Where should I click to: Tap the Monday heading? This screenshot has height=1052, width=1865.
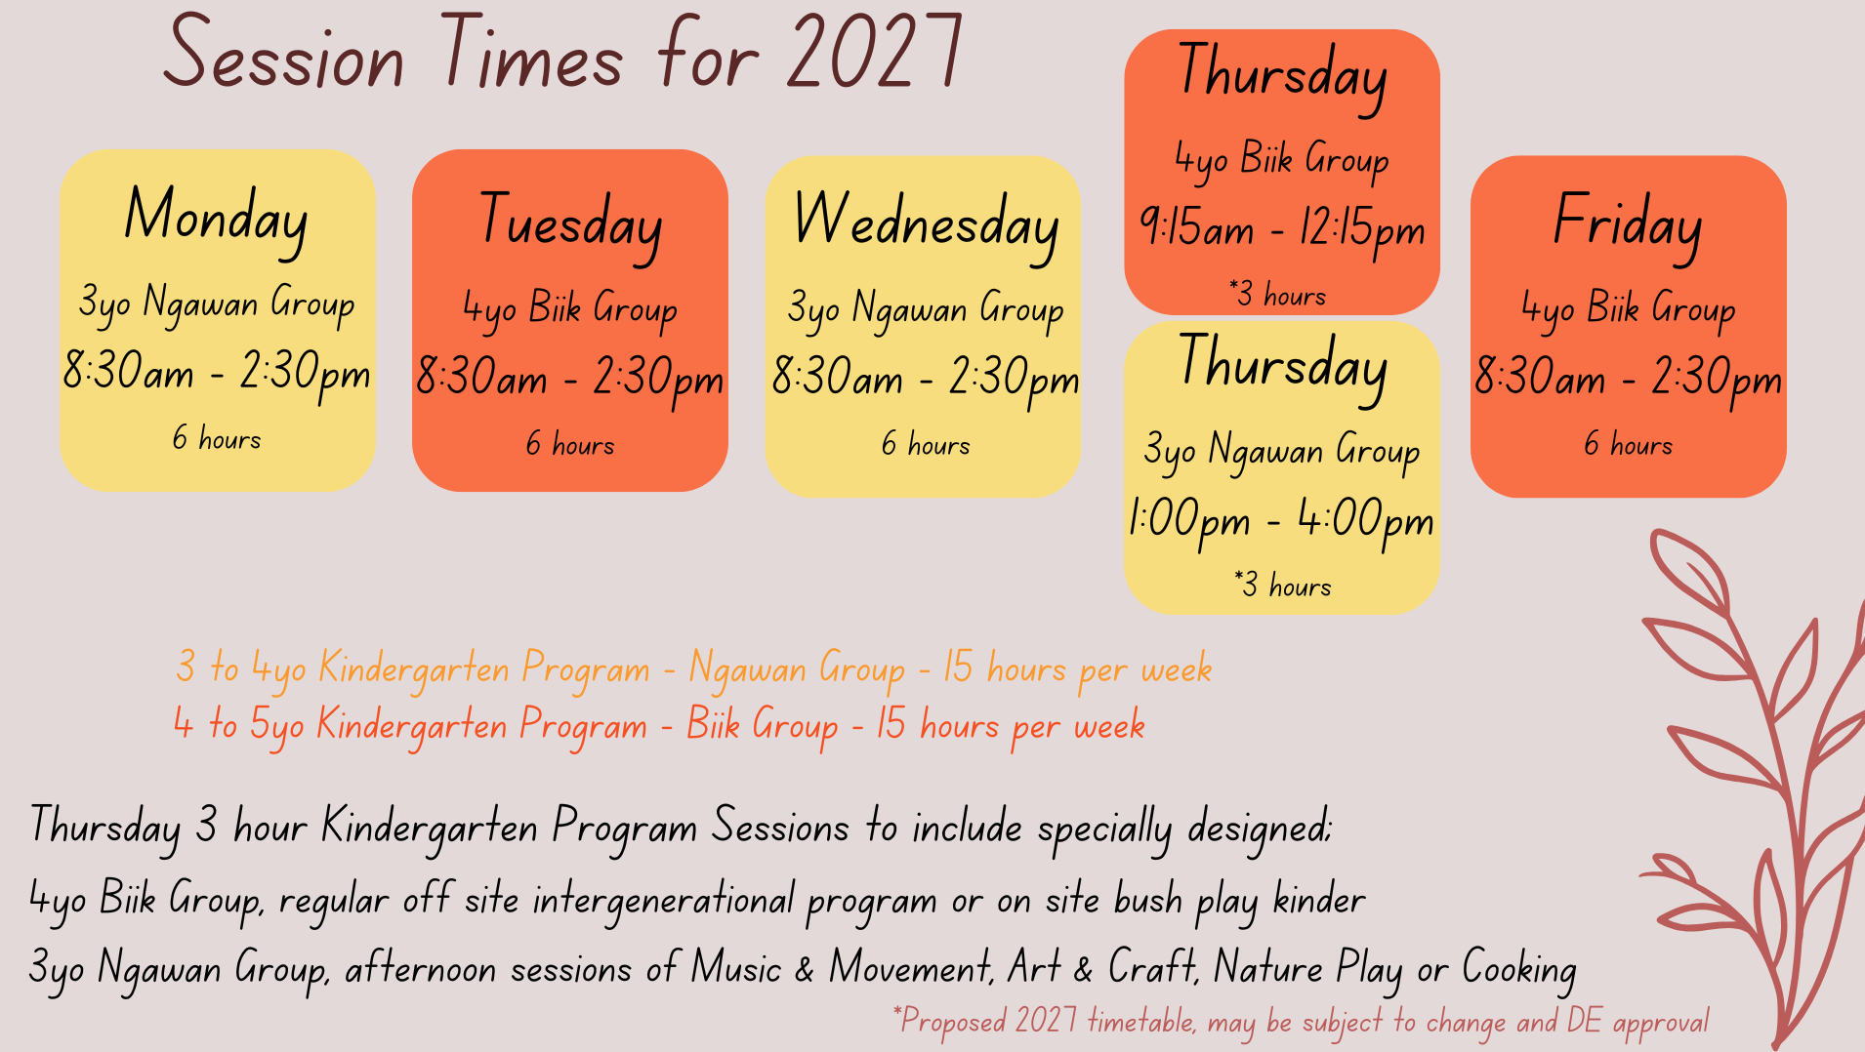(x=217, y=220)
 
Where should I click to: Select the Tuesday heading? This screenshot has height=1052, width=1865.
(x=570, y=225)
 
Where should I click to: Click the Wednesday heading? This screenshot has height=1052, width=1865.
(x=926, y=225)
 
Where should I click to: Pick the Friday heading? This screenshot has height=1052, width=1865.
(x=1628, y=225)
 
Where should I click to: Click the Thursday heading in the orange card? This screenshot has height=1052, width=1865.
(x=1282, y=77)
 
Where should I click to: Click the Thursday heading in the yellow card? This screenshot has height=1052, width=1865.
(x=1282, y=367)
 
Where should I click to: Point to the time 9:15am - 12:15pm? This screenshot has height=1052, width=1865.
(x=1282, y=230)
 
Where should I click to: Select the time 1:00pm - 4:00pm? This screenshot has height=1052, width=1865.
(x=1281, y=520)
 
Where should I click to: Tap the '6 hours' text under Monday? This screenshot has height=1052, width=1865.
(x=217, y=438)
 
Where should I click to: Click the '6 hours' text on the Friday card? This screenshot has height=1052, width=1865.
(x=1628, y=444)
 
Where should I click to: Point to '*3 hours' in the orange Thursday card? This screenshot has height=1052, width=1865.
(x=1277, y=294)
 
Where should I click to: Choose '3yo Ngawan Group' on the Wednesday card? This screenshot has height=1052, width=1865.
(x=926, y=310)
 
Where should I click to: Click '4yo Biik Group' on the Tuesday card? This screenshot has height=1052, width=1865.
(x=570, y=310)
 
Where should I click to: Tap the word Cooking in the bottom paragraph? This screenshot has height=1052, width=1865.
(x=1519, y=969)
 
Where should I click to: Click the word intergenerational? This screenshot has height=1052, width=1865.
(x=664, y=900)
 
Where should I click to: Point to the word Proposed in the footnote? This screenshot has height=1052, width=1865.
(x=953, y=1022)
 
